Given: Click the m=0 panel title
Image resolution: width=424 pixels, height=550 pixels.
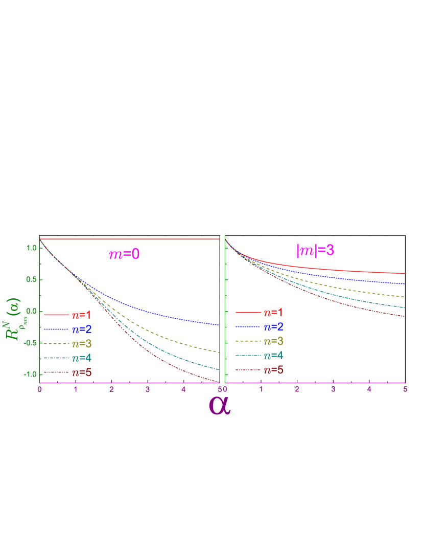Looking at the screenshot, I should tap(124, 254).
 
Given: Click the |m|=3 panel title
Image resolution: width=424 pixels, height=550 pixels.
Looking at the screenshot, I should tap(315, 250).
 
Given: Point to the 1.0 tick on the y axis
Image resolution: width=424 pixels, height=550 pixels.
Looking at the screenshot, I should tap(31, 248).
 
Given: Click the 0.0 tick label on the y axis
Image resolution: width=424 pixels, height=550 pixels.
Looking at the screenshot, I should tap(31, 311).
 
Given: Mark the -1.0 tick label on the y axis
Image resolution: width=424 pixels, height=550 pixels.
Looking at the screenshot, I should tap(30, 375).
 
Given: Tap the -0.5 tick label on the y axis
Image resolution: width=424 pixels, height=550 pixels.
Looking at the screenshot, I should tap(30, 343).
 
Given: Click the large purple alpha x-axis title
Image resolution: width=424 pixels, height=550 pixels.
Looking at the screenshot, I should tap(220, 405).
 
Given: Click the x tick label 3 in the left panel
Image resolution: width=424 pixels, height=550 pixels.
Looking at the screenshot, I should tap(147, 390).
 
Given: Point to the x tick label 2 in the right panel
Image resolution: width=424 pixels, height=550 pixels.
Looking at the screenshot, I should tap(297, 390).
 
